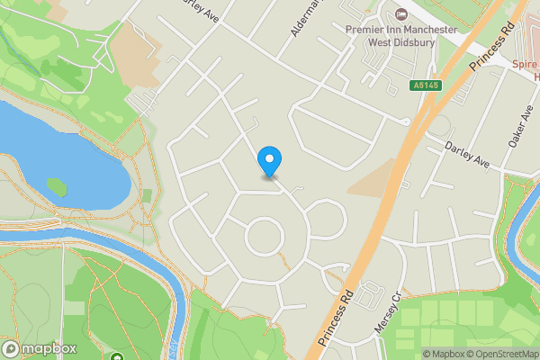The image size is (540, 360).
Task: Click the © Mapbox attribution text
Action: [442, 353]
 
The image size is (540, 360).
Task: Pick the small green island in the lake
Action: [57, 186]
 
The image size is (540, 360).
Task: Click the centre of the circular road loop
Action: [265, 237]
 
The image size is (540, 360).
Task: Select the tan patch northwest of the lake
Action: [135, 49]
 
